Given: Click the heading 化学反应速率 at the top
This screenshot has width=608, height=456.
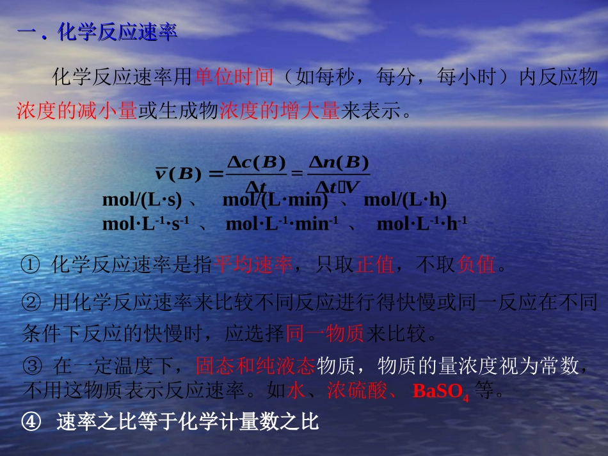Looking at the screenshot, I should pos(117,33).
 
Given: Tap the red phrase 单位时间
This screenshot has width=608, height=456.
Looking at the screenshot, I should pos(234,77).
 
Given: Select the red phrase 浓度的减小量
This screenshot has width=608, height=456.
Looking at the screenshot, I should pos(77,112).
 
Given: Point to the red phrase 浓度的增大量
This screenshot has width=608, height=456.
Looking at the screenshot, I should pos(279,112).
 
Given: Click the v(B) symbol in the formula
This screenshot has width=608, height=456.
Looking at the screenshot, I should pos(179,173).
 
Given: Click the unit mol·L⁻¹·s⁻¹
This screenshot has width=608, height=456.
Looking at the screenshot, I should pos(146,224).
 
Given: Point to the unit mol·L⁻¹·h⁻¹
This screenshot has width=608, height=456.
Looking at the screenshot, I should pos(422,224).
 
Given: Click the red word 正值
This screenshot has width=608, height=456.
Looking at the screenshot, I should pos(375,264).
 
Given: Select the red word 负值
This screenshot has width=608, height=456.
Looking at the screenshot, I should pos(477,264).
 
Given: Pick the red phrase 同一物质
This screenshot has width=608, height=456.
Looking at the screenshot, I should pos(324,333).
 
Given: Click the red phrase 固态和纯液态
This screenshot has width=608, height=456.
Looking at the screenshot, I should pos(255,366).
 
